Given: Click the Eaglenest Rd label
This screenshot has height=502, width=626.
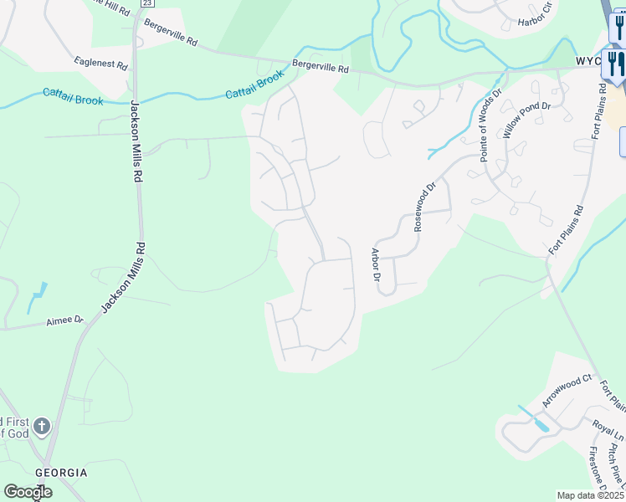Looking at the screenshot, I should point(100,64).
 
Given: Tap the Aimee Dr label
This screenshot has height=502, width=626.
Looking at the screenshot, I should point(65,320).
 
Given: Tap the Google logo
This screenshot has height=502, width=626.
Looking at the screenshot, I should point(27,492).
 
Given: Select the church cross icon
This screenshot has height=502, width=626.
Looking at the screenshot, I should point(41,425).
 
